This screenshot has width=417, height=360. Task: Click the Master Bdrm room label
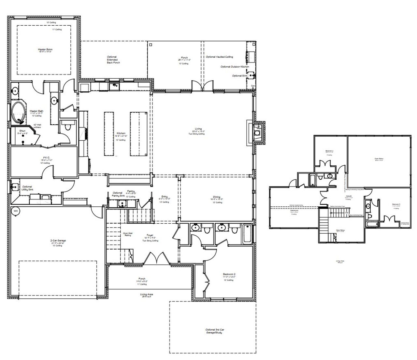click(45, 50)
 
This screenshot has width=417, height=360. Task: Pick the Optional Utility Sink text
click(27, 188)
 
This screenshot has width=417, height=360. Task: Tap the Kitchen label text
click(121, 133)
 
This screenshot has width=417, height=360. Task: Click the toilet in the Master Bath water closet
click(68, 127)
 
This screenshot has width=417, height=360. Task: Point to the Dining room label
click(216, 197)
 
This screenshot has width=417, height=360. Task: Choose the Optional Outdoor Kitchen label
click(235, 67)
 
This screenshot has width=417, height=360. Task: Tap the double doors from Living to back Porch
click(202, 86)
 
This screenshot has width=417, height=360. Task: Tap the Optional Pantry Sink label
click(117, 194)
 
